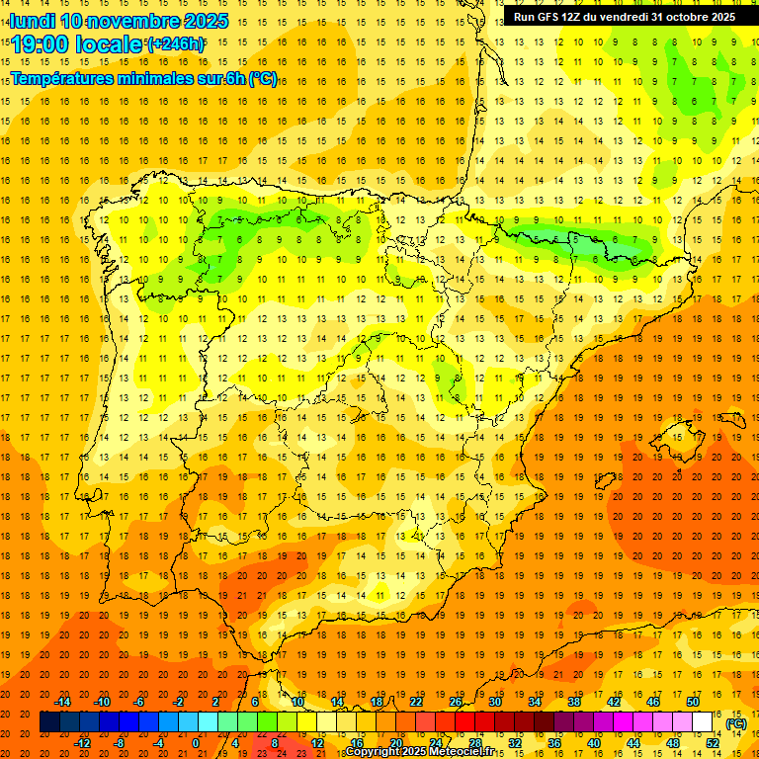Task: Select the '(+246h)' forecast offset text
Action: pyautogui.click(x=176, y=43)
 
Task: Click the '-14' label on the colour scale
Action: pyautogui.click(x=63, y=702)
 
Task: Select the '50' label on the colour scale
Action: pyautogui.click(x=693, y=702)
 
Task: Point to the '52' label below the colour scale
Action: pyautogui.click(x=713, y=743)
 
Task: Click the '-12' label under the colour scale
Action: pyautogui.click(x=83, y=743)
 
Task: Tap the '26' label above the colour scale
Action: pyautogui.click(x=456, y=702)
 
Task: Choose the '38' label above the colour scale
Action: pyautogui.click(x=574, y=702)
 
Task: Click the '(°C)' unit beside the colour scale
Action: pyautogui.click(x=736, y=723)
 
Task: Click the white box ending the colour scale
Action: pyautogui.click(x=703, y=722)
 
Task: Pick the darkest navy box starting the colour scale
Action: pyautogui.click(x=49, y=722)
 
